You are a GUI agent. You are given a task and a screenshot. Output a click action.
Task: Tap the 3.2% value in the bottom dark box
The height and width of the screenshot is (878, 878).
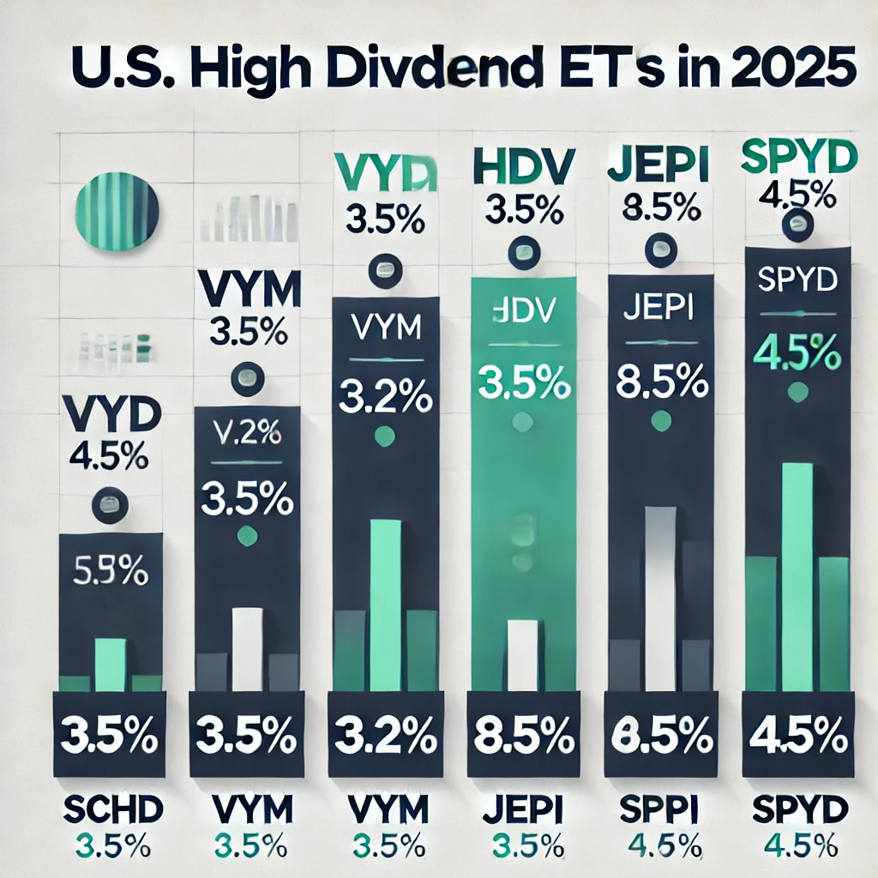pyautogui.click(x=384, y=736)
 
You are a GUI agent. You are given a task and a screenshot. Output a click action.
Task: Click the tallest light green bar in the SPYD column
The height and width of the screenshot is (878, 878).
pyautogui.click(x=798, y=576)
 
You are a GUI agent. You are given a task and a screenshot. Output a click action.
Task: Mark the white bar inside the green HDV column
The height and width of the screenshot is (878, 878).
pyautogui.click(x=522, y=655)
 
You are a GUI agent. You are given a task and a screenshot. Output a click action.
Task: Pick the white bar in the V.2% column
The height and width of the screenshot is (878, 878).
pyautogui.click(x=248, y=649)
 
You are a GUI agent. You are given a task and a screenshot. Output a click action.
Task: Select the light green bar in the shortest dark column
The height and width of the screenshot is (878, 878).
pyautogui.click(x=110, y=665)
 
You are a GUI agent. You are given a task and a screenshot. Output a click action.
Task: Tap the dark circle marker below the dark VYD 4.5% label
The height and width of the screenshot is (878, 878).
pyautogui.click(x=111, y=503)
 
